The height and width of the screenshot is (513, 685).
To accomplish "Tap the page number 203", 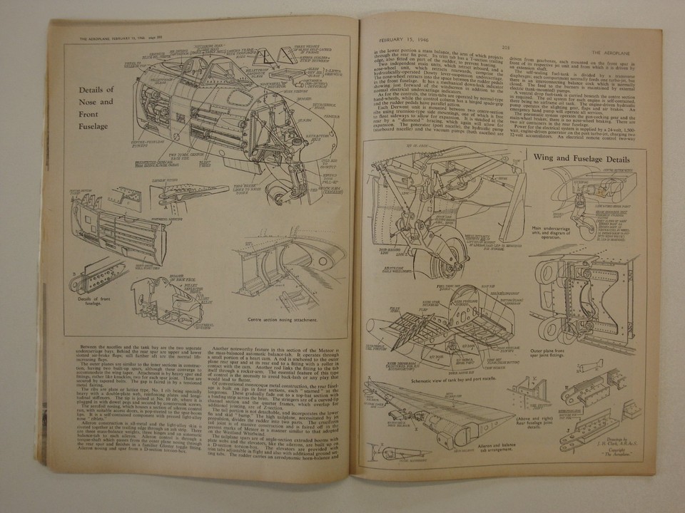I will (504, 48).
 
